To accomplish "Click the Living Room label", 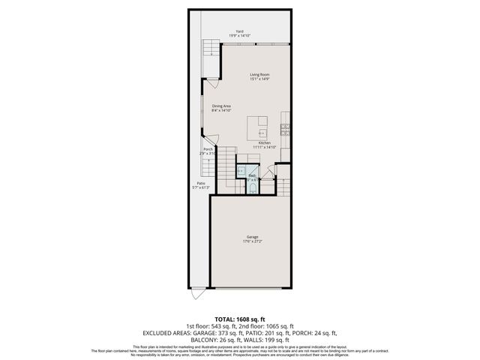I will pyautogui.click(x=259, y=74).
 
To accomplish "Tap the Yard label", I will pyautogui.click(x=239, y=31).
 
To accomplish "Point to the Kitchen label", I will pyautogui.click(x=264, y=143).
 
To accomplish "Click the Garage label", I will pyautogui.click(x=252, y=237).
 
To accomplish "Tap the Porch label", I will pyautogui.click(x=208, y=149).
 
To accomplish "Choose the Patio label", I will pyautogui.click(x=200, y=183).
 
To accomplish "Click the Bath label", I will pyautogui.click(x=252, y=175).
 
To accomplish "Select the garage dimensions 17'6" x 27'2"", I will pyautogui.click(x=252, y=241).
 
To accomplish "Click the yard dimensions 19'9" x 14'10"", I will pyautogui.click(x=239, y=36).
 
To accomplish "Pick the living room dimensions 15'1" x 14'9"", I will pyautogui.click(x=259, y=79).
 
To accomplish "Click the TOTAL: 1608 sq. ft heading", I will pyautogui.click(x=239, y=319).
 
